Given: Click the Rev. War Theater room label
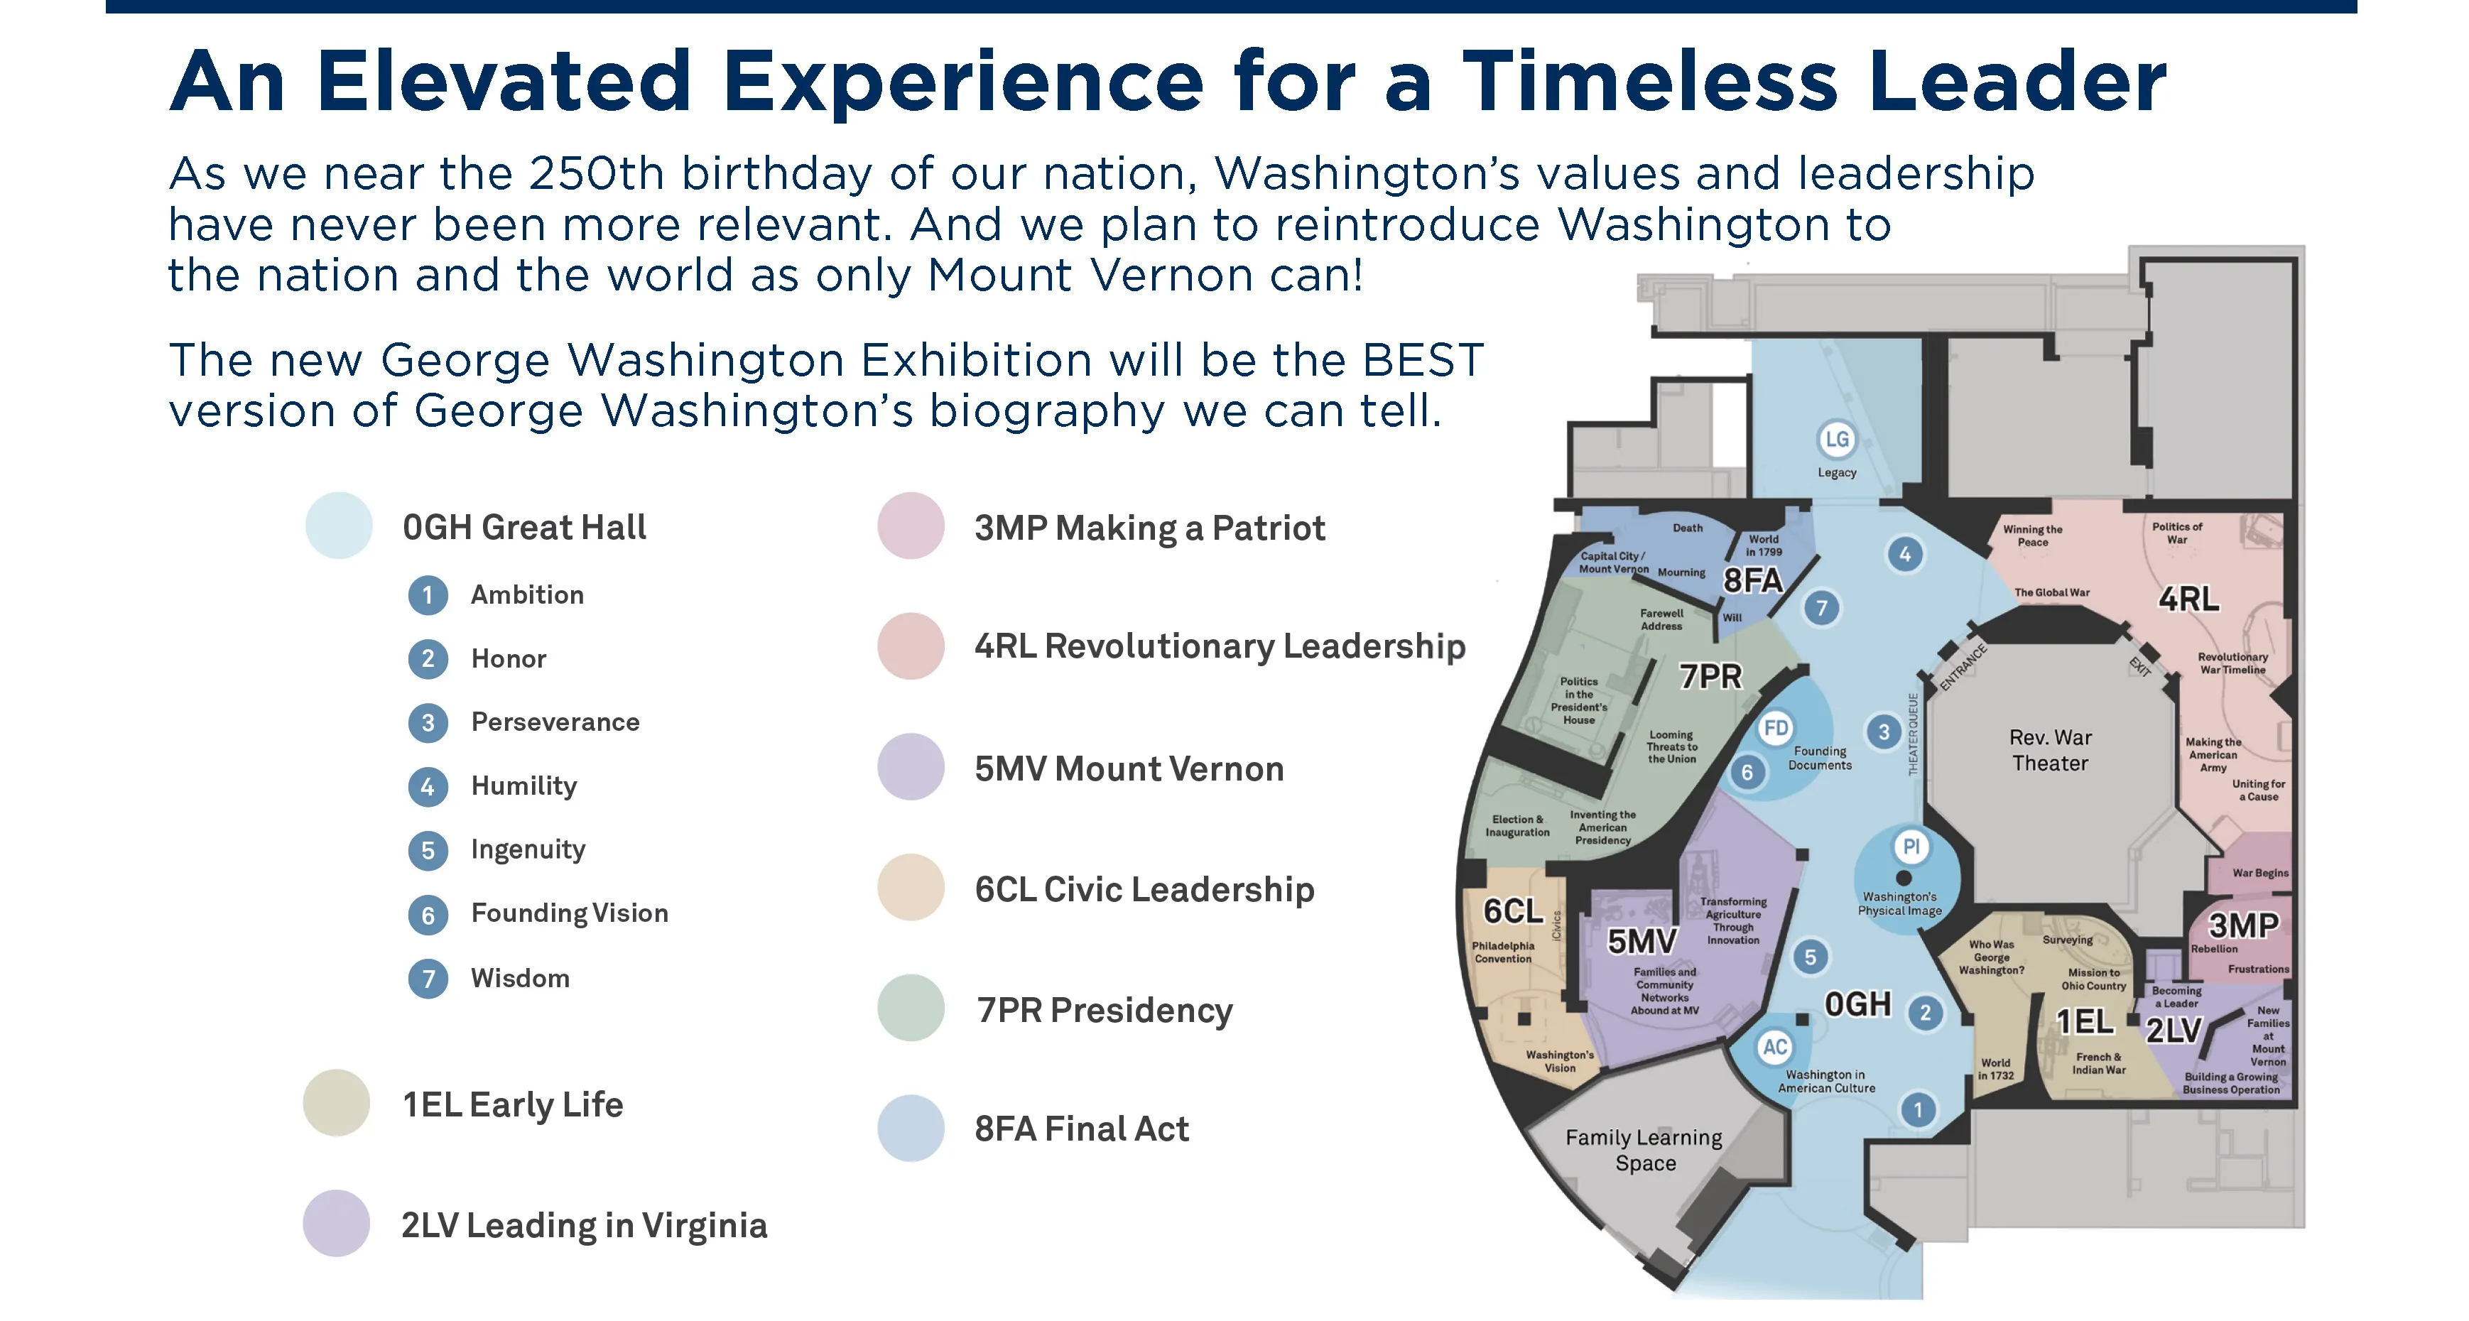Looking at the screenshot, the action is pyautogui.click(x=2050, y=750).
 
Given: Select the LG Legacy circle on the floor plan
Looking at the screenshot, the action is pyautogui.click(x=1836, y=440).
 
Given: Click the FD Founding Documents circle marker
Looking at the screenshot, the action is pyautogui.click(x=1776, y=729).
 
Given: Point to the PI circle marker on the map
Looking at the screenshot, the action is pyautogui.click(x=1911, y=847).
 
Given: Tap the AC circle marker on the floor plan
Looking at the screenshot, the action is pyautogui.click(x=1775, y=1047).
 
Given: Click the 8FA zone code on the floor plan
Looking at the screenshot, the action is pyautogui.click(x=1753, y=581).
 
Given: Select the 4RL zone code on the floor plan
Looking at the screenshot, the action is pyautogui.click(x=2188, y=599).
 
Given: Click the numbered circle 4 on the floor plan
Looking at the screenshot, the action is pyautogui.click(x=1904, y=554).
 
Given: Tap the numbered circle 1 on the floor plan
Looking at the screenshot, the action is pyautogui.click(x=1918, y=1110).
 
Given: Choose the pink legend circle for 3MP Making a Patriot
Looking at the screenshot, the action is pyautogui.click(x=911, y=526).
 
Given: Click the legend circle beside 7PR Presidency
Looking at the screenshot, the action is pyautogui.click(x=911, y=1009).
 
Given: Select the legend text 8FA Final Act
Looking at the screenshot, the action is pyautogui.click(x=1081, y=1129).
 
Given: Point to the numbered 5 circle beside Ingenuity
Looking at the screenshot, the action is pyautogui.click(x=428, y=850).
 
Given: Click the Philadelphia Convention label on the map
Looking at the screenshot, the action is pyautogui.click(x=1503, y=952).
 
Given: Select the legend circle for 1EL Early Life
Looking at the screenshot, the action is pyautogui.click(x=337, y=1104).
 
